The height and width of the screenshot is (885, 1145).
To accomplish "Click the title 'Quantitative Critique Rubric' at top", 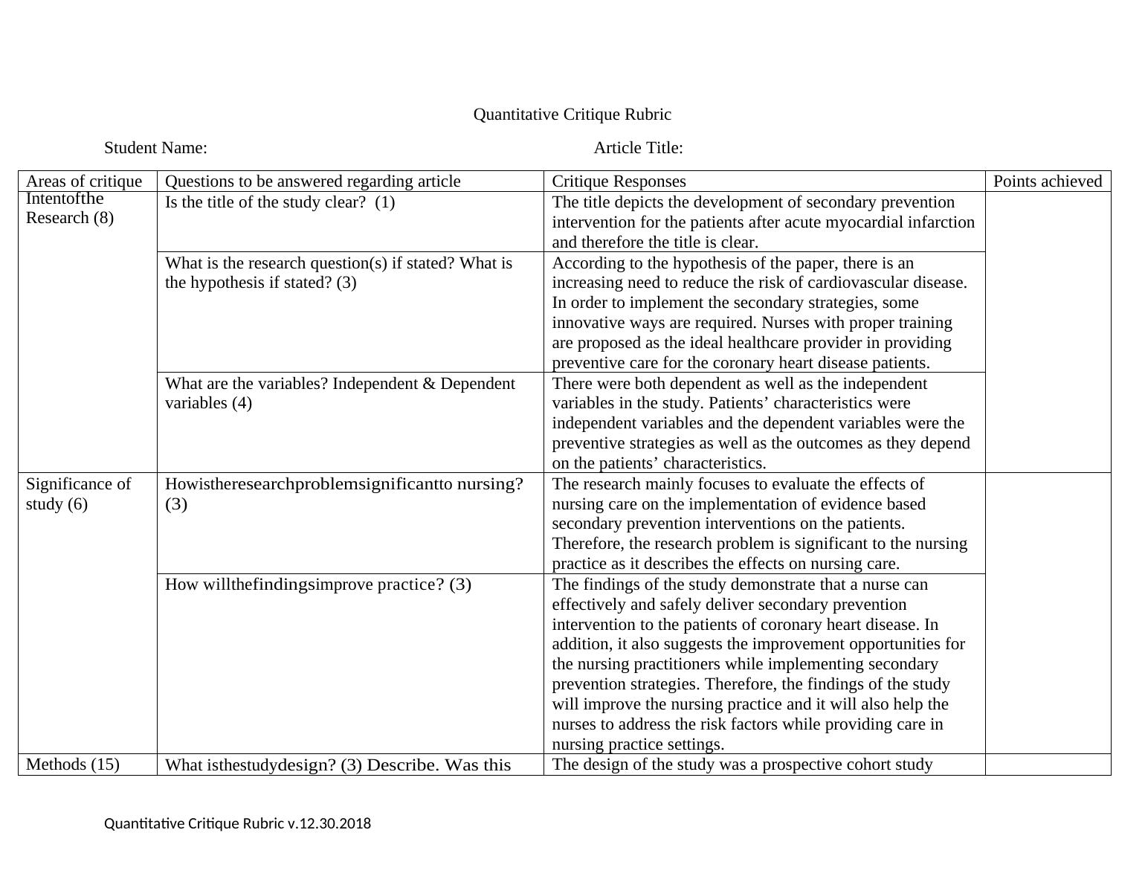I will pos(572,115).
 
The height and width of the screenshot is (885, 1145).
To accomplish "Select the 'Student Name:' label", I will pos(155,148).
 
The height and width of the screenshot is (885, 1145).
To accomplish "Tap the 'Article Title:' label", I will pos(638,148).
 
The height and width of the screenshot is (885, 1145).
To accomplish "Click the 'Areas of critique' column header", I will pos(84,181).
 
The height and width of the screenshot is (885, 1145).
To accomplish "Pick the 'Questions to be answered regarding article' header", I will pos(312,181).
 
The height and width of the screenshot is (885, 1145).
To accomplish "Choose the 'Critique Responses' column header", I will pos(619,181).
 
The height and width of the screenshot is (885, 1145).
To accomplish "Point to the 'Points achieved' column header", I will pos(1047,181).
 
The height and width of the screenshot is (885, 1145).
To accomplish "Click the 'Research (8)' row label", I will pos(70,218).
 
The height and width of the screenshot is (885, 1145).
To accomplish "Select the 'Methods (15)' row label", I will pos(72,765).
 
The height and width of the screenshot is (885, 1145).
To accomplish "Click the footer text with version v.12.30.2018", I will pos(237,824).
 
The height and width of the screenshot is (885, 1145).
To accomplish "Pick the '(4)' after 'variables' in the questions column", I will pos(240,403).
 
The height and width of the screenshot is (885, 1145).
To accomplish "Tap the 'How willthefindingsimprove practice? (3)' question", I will pos(317,585).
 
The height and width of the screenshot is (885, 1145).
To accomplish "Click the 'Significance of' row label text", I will pos(78,484).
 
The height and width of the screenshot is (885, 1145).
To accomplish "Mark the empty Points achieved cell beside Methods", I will pos(1047,765).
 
